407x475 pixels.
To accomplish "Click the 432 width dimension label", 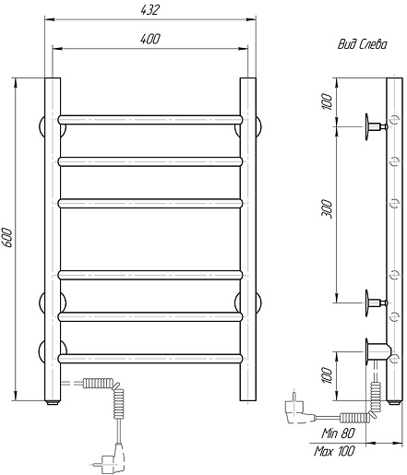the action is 150,10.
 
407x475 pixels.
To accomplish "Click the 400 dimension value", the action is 150,39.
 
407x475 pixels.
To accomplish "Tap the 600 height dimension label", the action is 7,237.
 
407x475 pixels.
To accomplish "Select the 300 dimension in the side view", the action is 328,209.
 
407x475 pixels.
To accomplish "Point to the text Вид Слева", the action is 363,44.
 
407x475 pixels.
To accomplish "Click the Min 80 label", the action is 339,433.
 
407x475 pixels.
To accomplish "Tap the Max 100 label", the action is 334,451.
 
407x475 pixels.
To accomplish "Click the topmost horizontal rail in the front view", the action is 150,120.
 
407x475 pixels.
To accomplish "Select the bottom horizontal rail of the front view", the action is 150,359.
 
